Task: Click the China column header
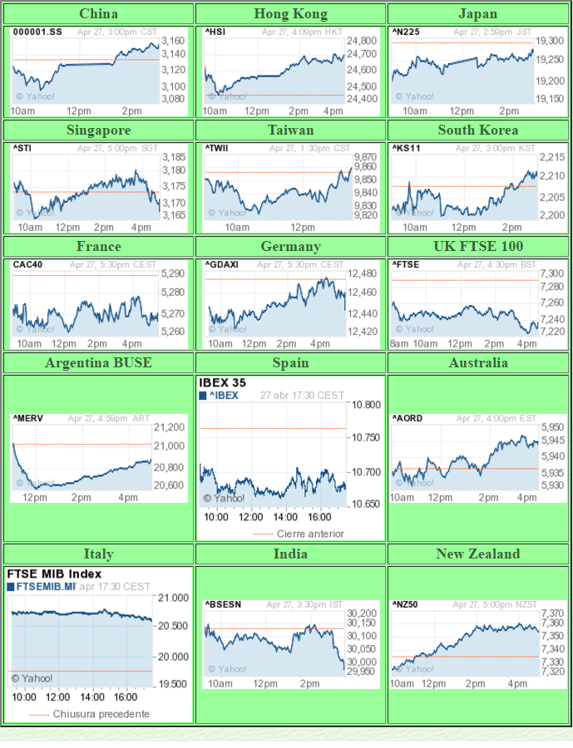(98, 13)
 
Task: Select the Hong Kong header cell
(290, 13)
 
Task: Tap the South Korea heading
(478, 130)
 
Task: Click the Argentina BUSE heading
(98, 362)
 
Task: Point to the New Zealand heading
(478, 554)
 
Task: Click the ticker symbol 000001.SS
(37, 32)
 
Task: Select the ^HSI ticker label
(215, 32)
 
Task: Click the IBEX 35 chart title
(222, 383)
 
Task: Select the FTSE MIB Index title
(54, 573)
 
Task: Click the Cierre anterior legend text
(309, 534)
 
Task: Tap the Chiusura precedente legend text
(101, 714)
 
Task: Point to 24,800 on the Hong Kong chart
(362, 41)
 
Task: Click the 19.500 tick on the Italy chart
(173, 684)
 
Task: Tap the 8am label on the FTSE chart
(399, 343)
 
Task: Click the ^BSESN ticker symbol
(223, 604)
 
